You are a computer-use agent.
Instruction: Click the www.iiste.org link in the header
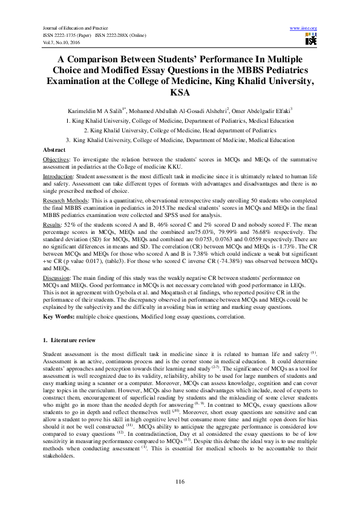coord(304,28)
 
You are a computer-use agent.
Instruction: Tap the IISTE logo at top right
coord(311,40)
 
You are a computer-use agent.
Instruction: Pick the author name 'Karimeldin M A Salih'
coord(102,112)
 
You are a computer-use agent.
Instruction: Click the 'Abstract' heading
coord(54,149)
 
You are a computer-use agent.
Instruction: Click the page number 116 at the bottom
coord(180,481)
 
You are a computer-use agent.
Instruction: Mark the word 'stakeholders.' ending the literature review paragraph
coord(59,457)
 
